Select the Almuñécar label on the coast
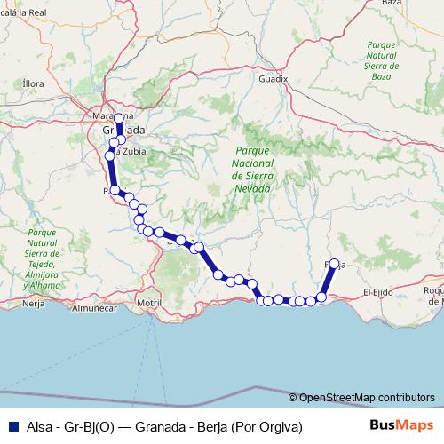coord(92,309)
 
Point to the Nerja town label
coord(33,303)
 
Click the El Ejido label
coord(379,291)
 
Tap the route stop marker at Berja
coord(334,264)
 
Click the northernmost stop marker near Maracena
coord(118,118)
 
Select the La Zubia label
coord(128,151)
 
